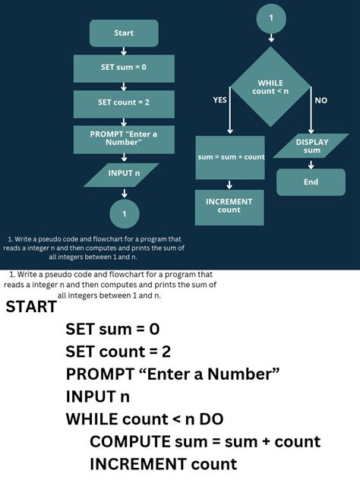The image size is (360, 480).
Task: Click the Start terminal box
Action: (x=124, y=33)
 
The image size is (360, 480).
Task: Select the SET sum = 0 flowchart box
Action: (x=124, y=68)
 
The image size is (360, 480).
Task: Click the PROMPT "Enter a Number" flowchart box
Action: (x=124, y=139)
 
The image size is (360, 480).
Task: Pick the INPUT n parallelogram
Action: (x=124, y=174)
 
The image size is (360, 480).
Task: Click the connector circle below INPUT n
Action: (x=124, y=213)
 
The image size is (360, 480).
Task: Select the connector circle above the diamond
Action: (x=271, y=17)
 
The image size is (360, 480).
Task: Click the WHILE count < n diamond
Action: (x=271, y=87)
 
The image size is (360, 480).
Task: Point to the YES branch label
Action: (x=219, y=100)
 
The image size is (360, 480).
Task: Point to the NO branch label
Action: (x=321, y=100)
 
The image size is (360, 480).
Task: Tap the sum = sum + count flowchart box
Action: (x=230, y=157)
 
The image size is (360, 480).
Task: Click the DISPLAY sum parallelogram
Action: (x=311, y=146)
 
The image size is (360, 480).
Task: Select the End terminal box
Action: (x=311, y=182)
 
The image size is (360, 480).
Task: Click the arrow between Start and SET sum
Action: (x=124, y=51)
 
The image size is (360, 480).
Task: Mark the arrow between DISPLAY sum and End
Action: (x=311, y=163)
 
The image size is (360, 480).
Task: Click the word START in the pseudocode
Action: (x=31, y=308)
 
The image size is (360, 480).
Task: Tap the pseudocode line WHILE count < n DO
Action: (x=144, y=419)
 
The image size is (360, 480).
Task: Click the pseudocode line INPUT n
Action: (x=97, y=396)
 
